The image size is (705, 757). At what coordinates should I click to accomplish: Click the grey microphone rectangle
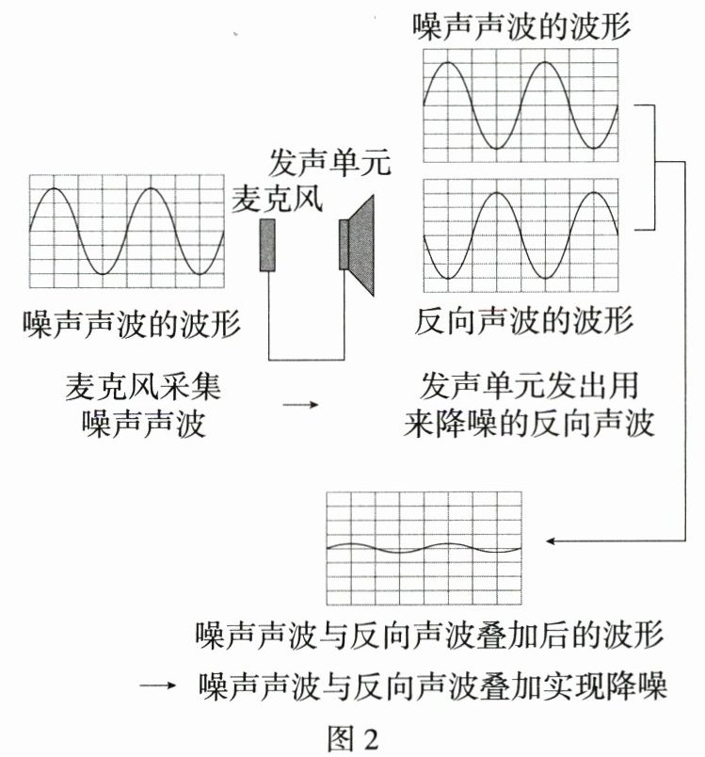pyautogui.click(x=267, y=245)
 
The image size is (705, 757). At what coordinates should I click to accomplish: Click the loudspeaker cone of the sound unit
pyautogui.click(x=361, y=245)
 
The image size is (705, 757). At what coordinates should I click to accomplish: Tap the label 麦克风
pyautogui.click(x=277, y=199)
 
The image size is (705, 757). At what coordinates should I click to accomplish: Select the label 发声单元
pyautogui.click(x=329, y=163)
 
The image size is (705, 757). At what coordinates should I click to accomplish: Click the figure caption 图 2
pyautogui.click(x=353, y=737)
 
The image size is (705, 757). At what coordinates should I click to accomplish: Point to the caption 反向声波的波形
pyautogui.click(x=524, y=321)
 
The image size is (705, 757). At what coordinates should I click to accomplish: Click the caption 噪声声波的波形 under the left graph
pyautogui.click(x=132, y=323)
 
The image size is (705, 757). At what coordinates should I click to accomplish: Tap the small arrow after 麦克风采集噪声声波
pyautogui.click(x=300, y=405)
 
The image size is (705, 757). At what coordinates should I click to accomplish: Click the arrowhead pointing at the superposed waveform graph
pyautogui.click(x=549, y=540)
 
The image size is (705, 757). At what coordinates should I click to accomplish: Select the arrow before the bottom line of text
pyautogui.click(x=157, y=685)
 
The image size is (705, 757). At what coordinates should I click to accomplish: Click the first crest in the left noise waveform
pyautogui.click(x=55, y=188)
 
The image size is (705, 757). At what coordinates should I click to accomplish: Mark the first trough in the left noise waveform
pyautogui.click(x=103, y=274)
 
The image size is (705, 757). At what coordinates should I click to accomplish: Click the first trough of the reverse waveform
pyautogui.click(x=448, y=278)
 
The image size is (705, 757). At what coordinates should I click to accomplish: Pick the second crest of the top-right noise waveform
pyautogui.click(x=545, y=62)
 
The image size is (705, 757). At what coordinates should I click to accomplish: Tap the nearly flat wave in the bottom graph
pyautogui.click(x=424, y=547)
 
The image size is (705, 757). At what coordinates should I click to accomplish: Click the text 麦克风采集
pyautogui.click(x=143, y=386)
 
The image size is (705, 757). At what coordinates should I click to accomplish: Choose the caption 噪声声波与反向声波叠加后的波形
pyautogui.click(x=429, y=634)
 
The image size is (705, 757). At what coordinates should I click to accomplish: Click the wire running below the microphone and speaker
pyautogui.click(x=307, y=360)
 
